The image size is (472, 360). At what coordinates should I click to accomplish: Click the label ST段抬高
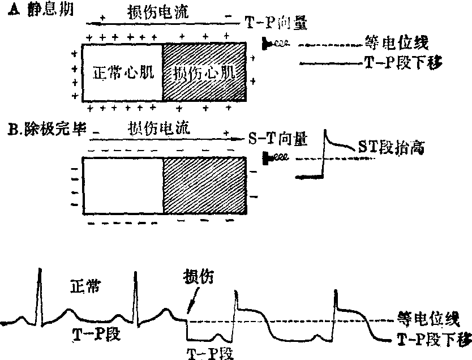tap(391, 148)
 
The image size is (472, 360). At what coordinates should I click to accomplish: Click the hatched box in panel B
tap(205, 185)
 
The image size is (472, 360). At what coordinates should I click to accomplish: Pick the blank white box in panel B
tap(123, 185)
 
